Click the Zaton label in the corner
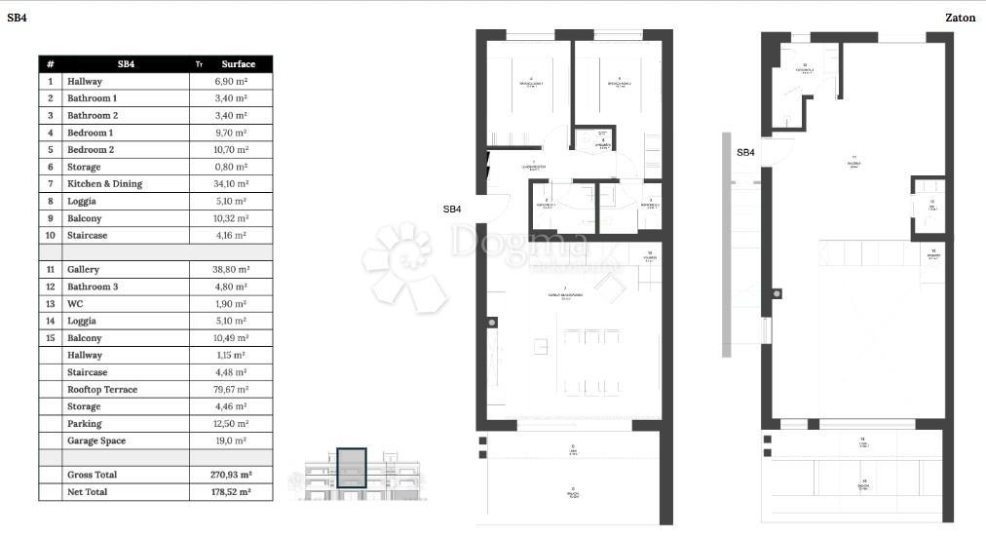coord(960,18)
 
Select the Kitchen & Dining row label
coord(104,184)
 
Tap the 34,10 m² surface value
coord(231,184)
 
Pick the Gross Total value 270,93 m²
coord(231,475)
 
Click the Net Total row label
coord(87,492)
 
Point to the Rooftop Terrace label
coord(102,390)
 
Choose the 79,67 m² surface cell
coord(231,390)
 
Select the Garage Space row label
coord(96,440)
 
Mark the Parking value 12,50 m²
coord(231,424)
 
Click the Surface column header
coord(238,64)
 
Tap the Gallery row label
coord(83,270)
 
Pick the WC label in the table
coord(74,304)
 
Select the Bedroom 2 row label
coord(91,150)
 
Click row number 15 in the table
coord(50,338)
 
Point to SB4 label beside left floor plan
coord(452,209)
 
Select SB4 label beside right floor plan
coord(744,152)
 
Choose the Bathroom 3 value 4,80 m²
coord(231,287)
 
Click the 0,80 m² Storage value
coord(231,167)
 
